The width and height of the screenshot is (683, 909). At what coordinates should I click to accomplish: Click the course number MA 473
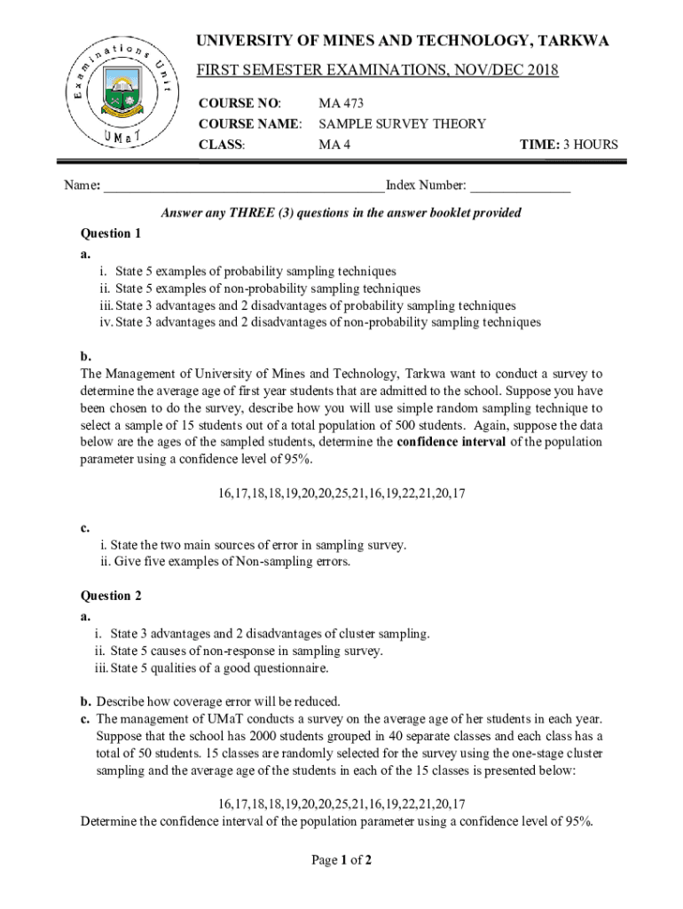tap(341, 104)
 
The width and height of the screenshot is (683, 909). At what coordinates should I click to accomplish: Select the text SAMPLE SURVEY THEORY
tap(402, 124)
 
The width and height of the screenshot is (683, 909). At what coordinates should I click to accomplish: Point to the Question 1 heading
tap(111, 234)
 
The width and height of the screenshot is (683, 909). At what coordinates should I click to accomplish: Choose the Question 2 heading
tap(111, 596)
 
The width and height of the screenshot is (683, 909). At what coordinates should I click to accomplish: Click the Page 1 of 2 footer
tap(341, 860)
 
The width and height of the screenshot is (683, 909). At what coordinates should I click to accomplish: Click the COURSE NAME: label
tap(250, 124)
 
